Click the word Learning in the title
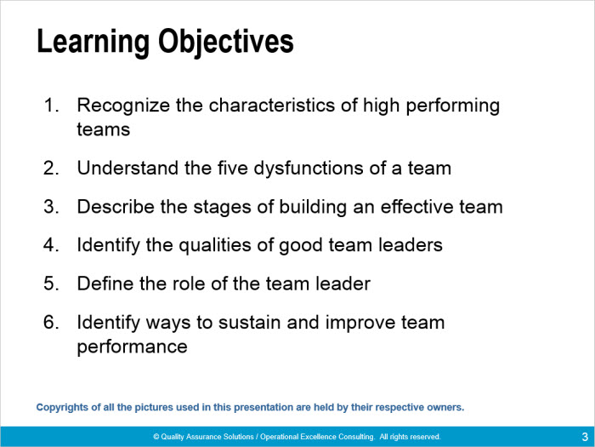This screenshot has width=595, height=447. click(x=93, y=43)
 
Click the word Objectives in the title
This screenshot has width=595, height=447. click(x=226, y=43)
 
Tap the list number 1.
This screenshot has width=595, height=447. click(x=51, y=106)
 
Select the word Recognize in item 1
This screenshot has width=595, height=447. click(x=123, y=106)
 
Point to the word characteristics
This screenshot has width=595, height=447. click(x=272, y=106)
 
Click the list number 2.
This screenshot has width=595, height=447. click(x=51, y=168)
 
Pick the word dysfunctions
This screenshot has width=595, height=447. click(x=308, y=169)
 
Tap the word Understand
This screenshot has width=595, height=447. click(x=127, y=168)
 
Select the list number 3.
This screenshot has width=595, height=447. click(x=51, y=207)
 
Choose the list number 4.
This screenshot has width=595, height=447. click(x=51, y=245)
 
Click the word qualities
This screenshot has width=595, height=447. click(x=215, y=245)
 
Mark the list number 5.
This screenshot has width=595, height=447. click(x=51, y=284)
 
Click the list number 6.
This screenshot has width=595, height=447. click(x=51, y=323)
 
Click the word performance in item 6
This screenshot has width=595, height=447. click(x=132, y=347)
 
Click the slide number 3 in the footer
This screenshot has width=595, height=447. click(x=585, y=436)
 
